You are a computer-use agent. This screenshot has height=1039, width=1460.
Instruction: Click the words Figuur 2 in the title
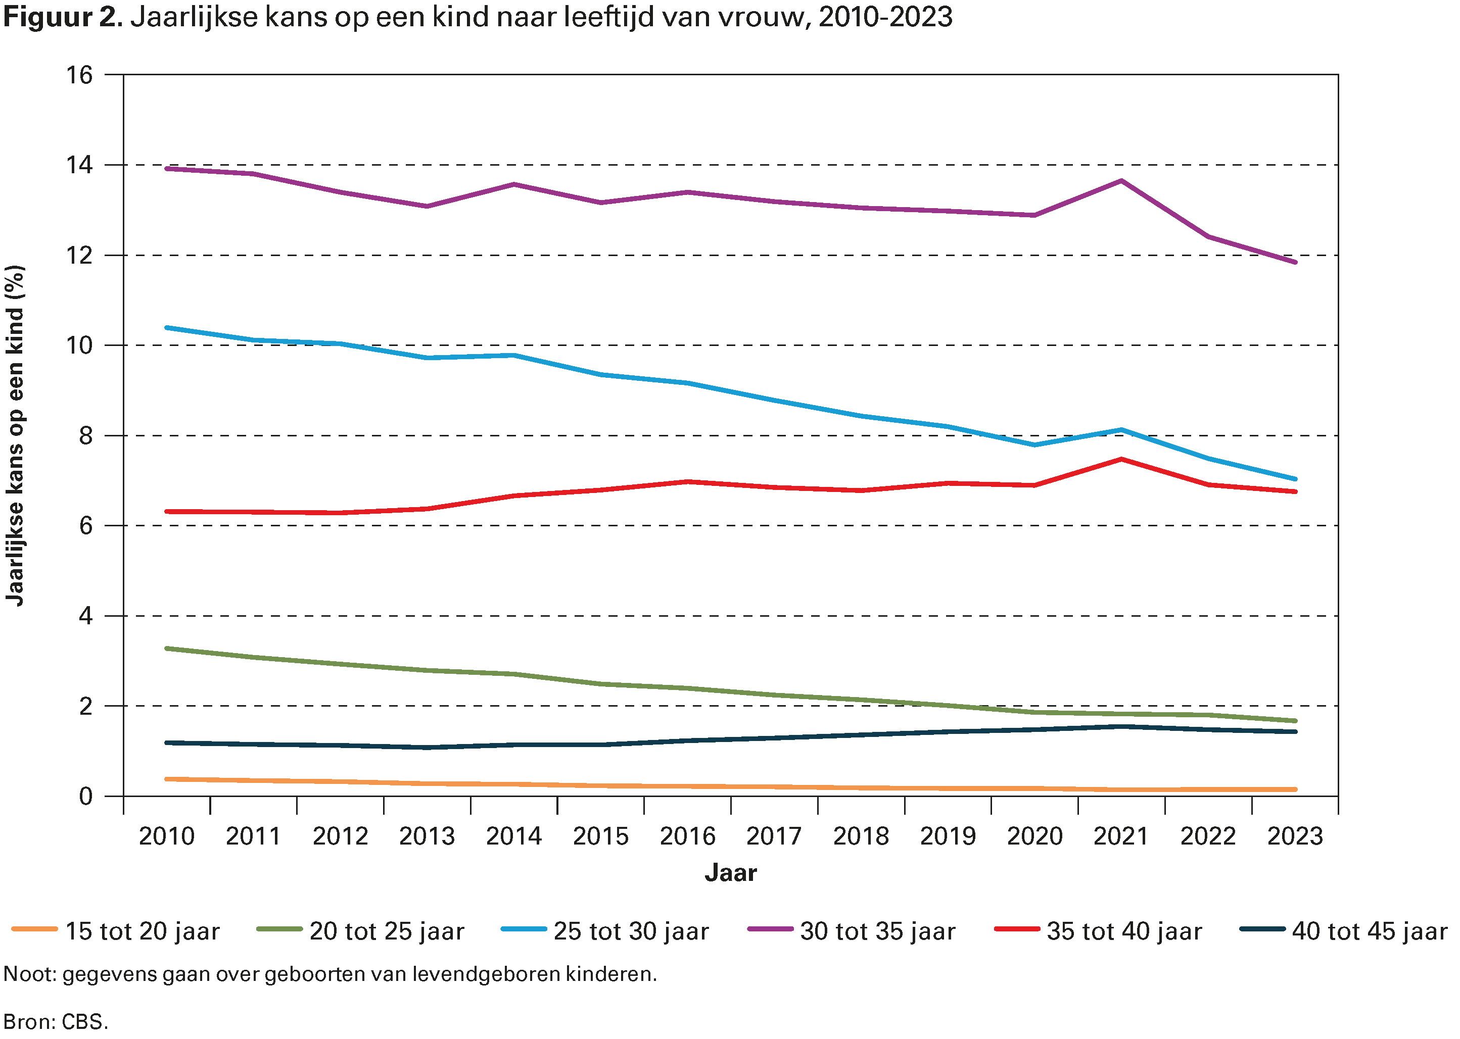tap(62, 17)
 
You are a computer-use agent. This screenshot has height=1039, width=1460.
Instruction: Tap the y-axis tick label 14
tap(80, 165)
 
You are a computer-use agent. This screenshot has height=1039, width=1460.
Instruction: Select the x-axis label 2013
tap(427, 835)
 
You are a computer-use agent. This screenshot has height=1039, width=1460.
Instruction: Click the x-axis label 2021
tap(1121, 835)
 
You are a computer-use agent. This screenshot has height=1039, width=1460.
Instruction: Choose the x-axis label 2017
tap(773, 835)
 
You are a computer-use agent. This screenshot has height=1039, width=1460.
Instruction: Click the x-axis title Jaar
tap(730, 873)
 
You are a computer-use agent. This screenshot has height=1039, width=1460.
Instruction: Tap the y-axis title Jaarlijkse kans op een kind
tap(15, 435)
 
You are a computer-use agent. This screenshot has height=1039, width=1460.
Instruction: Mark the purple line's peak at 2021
tap(1121, 181)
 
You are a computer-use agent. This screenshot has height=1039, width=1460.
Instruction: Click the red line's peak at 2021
tap(1121, 459)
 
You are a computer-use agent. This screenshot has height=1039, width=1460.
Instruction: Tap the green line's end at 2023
tap(1295, 720)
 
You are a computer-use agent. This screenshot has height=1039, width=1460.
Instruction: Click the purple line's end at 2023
tap(1295, 262)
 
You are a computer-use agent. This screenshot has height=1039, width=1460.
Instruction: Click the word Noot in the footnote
tap(29, 974)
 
